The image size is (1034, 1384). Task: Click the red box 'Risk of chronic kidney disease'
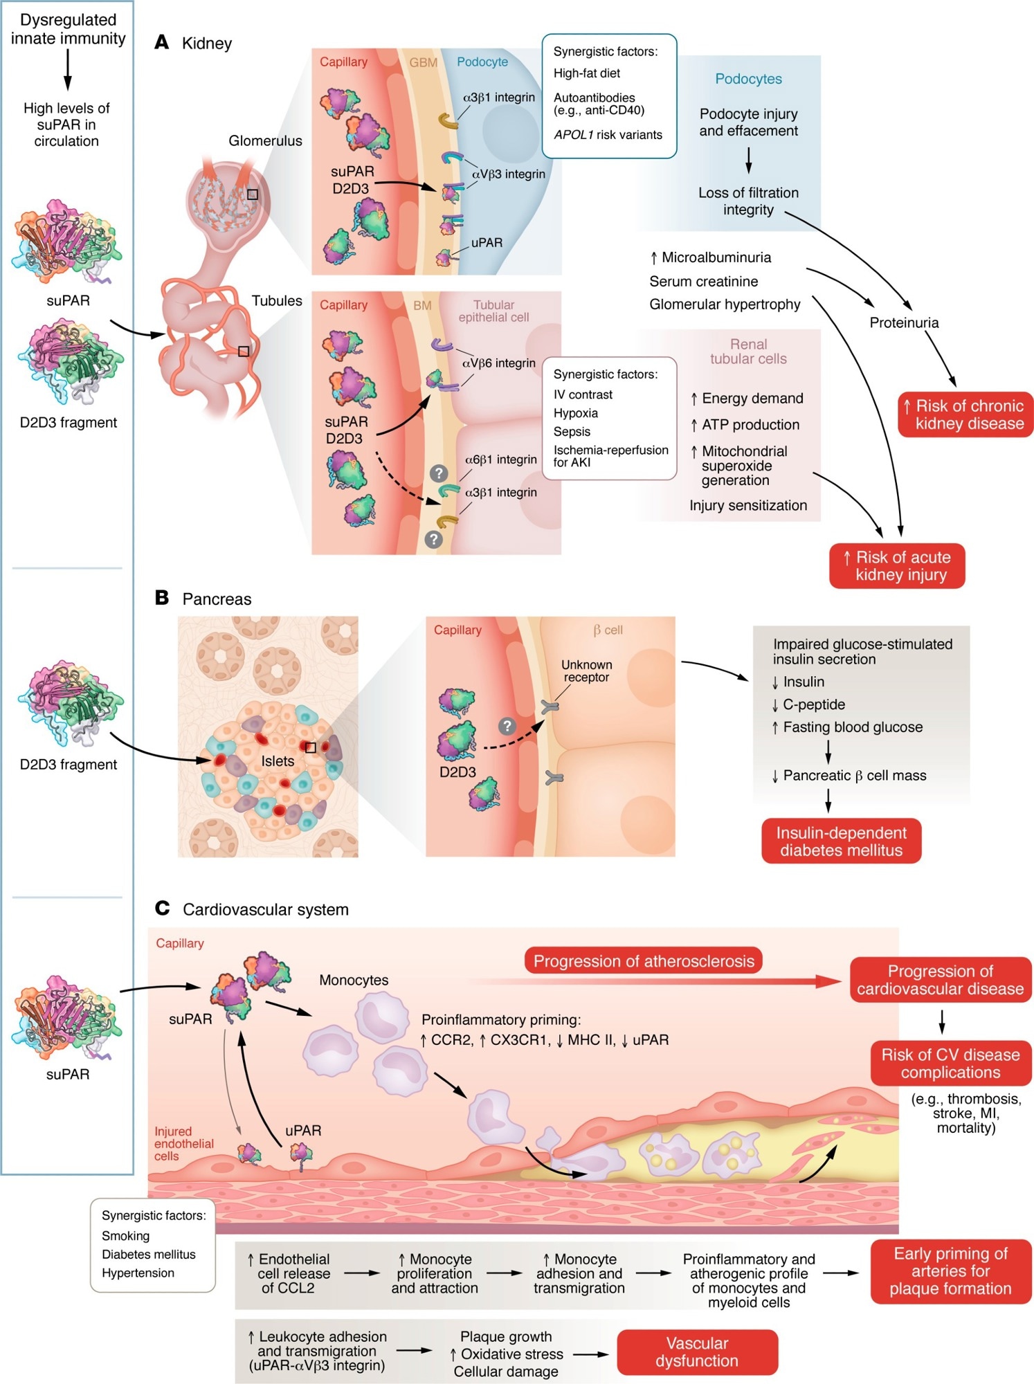coord(965,415)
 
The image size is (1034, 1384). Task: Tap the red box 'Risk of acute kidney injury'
coord(897,565)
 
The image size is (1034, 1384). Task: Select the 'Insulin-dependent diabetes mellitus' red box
coord(841,841)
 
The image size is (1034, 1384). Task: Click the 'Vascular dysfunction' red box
coord(697,1351)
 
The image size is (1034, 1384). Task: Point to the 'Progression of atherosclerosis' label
coord(643,960)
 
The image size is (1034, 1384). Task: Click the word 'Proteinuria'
coord(904,322)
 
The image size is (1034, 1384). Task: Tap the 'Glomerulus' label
coord(265,140)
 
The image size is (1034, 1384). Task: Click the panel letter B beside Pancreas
coord(162,598)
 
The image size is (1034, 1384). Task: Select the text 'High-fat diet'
coord(586,73)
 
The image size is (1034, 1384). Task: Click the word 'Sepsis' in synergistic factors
coord(572,431)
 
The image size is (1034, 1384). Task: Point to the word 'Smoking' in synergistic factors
coord(125,1235)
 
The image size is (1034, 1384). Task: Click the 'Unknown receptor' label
coord(586,671)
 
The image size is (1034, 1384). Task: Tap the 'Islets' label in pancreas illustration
coord(278,761)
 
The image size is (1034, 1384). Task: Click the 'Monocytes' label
coord(354,980)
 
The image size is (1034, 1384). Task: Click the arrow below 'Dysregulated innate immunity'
coord(67,69)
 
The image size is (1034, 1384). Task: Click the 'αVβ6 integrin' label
coord(498,363)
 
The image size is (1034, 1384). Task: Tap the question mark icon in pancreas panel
coord(507,726)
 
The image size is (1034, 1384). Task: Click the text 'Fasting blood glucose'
coord(853,727)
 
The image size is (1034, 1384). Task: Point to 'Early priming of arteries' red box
coord(950,1271)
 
